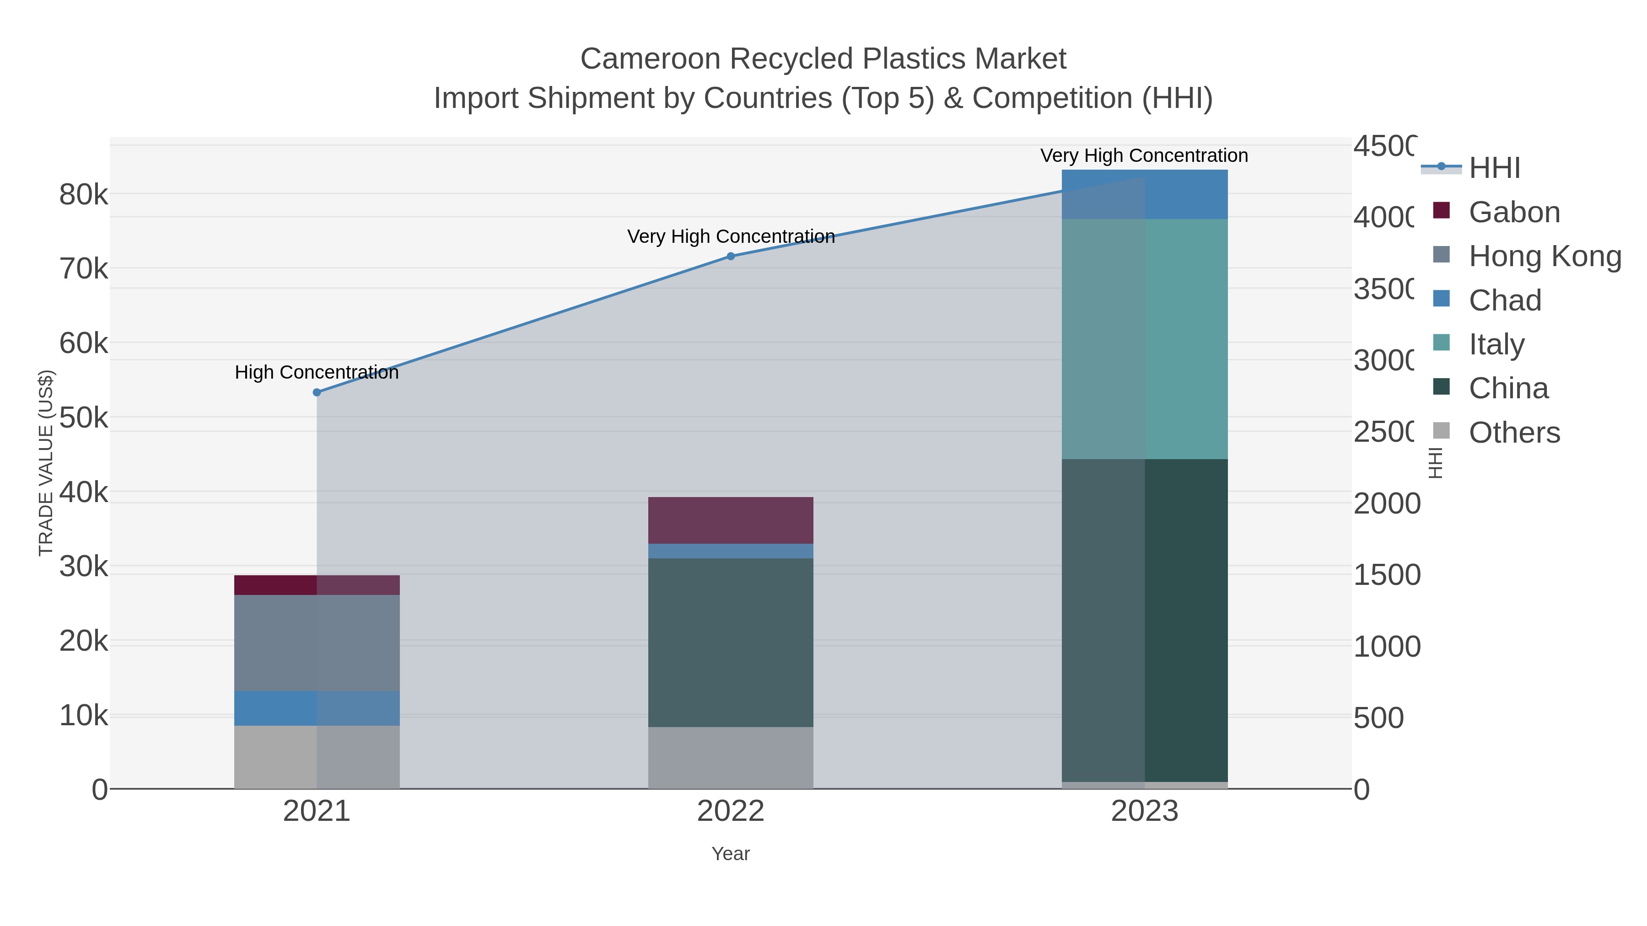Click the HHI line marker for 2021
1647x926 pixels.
coord(317,392)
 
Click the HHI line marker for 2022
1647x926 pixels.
coord(731,256)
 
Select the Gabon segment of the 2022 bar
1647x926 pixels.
coord(731,520)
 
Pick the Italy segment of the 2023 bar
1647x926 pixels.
coord(1145,339)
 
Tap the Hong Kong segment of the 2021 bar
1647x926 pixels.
coord(317,642)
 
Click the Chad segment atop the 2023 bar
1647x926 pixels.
coord(1145,194)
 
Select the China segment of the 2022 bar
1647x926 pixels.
coord(731,642)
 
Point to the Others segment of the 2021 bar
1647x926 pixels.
coord(317,757)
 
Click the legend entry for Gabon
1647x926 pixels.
coord(1513,212)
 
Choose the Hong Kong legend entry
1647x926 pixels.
coord(1544,256)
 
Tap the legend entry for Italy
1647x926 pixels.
coord(1496,344)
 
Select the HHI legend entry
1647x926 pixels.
coord(1494,168)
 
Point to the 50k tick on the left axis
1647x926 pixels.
coord(84,418)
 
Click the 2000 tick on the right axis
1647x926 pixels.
coord(1387,503)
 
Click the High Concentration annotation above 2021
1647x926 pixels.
coord(317,372)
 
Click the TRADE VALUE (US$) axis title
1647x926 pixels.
coord(46,463)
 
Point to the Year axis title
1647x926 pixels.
coord(731,854)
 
